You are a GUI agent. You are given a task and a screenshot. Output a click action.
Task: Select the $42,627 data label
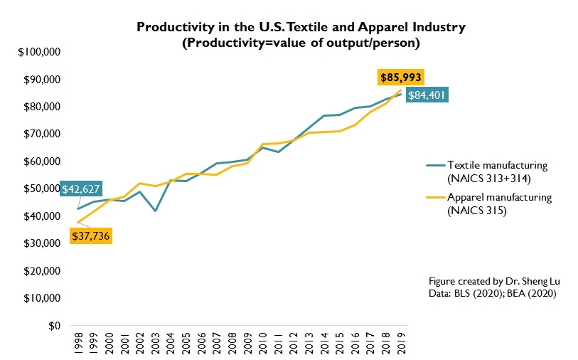point(81,189)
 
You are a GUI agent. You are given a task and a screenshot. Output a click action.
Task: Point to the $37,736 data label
point(92,235)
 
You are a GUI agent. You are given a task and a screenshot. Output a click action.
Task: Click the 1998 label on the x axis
point(77,342)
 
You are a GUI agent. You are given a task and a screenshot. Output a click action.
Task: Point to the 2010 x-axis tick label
point(262,342)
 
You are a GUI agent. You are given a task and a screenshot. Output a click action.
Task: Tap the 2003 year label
point(154,342)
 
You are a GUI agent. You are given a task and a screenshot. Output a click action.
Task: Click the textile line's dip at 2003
point(154,211)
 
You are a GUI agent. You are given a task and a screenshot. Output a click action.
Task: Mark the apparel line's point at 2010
point(262,144)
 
